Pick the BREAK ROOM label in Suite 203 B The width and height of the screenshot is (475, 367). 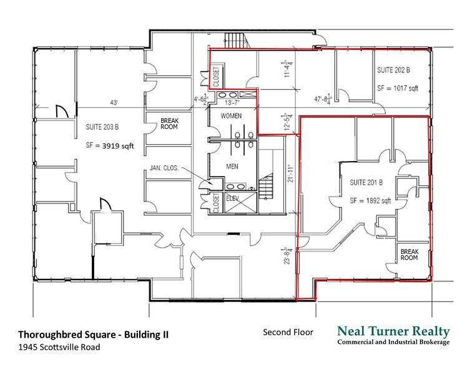(x=169, y=124)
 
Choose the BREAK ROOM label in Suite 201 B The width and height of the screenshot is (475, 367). (x=409, y=253)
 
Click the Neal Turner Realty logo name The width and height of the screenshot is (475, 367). (x=393, y=331)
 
